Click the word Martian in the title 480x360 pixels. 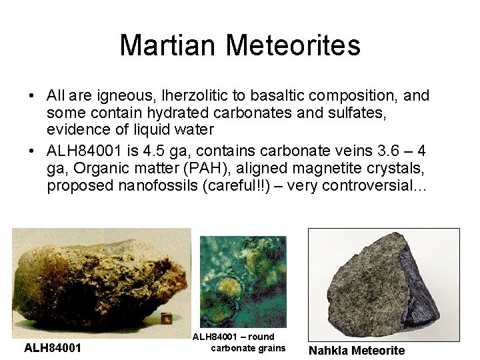coord(168,45)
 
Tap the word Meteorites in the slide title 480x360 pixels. coord(293,45)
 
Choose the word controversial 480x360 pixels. coord(372,185)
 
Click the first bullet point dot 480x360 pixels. coord(33,96)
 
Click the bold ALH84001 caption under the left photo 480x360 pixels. coord(53,348)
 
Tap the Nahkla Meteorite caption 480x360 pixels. coord(357,351)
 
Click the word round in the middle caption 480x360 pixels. coord(261,337)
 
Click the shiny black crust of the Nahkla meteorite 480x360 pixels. coord(420,280)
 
